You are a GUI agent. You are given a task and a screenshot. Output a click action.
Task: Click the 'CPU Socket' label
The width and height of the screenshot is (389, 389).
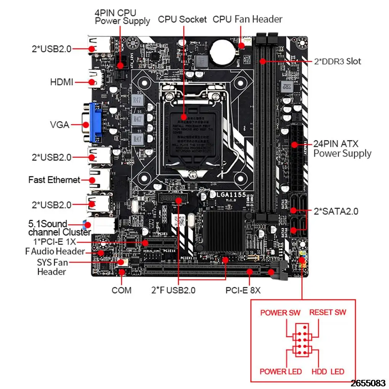[x=182, y=19]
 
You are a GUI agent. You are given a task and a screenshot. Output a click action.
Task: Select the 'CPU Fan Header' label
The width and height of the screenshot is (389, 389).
[x=248, y=19]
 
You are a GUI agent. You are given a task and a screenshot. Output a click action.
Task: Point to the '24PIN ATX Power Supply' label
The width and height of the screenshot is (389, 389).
[x=342, y=149]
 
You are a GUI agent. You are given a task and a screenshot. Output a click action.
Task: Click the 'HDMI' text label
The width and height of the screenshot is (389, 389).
[x=62, y=82]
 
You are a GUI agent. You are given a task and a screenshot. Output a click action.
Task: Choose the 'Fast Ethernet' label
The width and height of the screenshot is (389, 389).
[x=54, y=180]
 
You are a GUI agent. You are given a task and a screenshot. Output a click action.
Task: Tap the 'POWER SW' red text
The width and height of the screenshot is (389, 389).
[x=280, y=313]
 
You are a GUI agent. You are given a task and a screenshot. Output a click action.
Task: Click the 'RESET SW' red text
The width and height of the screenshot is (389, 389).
[x=328, y=312]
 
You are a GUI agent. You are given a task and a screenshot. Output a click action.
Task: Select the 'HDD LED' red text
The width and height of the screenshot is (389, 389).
[x=328, y=371]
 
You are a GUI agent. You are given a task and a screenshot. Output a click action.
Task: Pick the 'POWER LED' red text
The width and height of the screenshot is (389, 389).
[x=281, y=371]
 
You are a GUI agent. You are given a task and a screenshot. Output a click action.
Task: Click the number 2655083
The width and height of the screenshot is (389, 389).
[x=370, y=383]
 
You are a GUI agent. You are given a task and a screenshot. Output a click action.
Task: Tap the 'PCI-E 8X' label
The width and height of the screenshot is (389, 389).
[x=243, y=290]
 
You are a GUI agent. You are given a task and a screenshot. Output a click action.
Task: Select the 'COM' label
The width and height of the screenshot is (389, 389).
[x=121, y=290]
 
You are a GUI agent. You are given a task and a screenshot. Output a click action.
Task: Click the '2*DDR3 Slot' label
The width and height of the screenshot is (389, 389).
[x=337, y=61]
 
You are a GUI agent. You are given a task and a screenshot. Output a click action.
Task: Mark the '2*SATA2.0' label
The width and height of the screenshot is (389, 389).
[x=336, y=211]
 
